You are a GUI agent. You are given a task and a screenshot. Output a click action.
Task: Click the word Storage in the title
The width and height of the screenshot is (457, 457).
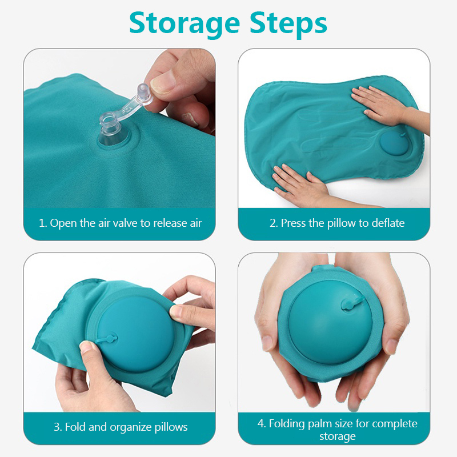185,23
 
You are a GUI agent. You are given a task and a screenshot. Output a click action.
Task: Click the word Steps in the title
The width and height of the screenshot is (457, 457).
288,23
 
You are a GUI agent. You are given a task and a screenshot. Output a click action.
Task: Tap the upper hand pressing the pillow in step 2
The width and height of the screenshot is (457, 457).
384,106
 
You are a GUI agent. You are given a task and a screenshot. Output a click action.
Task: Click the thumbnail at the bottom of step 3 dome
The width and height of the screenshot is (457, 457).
87,347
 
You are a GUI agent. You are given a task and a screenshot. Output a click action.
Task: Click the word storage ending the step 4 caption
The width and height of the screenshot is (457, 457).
337,436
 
